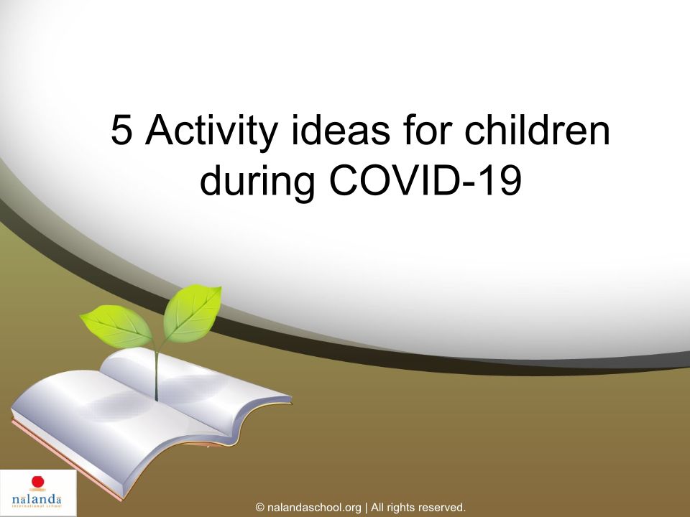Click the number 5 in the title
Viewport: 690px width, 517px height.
pyautogui.click(x=121, y=130)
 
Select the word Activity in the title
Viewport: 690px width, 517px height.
pyautogui.click(x=211, y=133)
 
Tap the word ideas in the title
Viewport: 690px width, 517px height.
pyautogui.click(x=340, y=130)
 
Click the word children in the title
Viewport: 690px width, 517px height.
pyautogui.click(x=538, y=129)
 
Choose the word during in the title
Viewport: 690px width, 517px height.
pyautogui.click(x=257, y=182)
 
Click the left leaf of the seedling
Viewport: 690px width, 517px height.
pyautogui.click(x=116, y=326)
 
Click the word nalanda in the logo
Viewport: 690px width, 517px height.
pyautogui.click(x=37, y=500)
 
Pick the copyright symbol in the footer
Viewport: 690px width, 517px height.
pyautogui.click(x=259, y=508)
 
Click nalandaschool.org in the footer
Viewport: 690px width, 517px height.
pyautogui.click(x=314, y=508)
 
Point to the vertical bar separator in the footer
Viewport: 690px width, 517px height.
pyautogui.click(x=366, y=508)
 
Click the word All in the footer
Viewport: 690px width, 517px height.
pyautogui.click(x=377, y=508)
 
